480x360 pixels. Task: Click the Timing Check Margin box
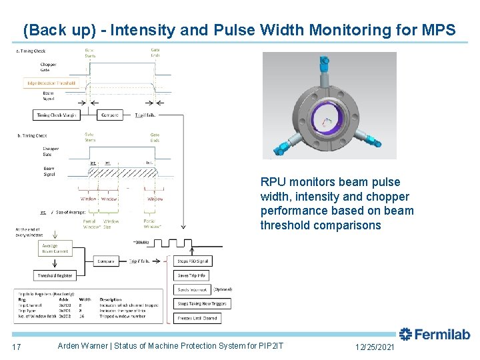click(x=57, y=115)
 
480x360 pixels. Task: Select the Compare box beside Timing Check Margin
click(x=110, y=115)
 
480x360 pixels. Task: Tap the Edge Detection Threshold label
click(x=52, y=83)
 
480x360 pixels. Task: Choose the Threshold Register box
click(x=55, y=275)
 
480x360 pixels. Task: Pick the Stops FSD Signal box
click(x=193, y=261)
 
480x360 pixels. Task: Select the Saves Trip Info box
click(x=192, y=275)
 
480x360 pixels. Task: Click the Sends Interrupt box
click(x=193, y=289)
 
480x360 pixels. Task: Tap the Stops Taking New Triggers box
click(x=202, y=304)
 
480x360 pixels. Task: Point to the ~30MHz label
click(x=143, y=241)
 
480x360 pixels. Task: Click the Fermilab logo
click(x=434, y=335)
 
